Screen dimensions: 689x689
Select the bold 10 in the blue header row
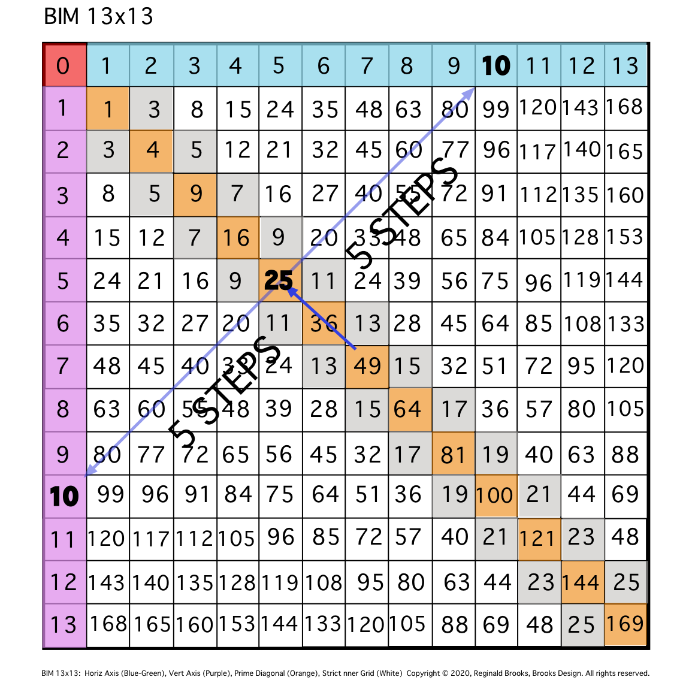pos(496,65)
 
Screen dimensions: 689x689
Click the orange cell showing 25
pos(280,280)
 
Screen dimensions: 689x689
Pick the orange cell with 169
pos(625,624)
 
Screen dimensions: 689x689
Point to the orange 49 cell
pos(367,366)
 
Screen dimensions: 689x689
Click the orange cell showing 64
pos(410,410)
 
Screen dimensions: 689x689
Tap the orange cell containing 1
pos(108,108)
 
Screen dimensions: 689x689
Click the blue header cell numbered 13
pos(625,65)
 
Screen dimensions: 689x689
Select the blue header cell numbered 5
pos(280,65)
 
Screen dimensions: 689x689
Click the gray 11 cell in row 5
pos(324,280)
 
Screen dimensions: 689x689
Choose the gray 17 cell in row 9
pos(410,454)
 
